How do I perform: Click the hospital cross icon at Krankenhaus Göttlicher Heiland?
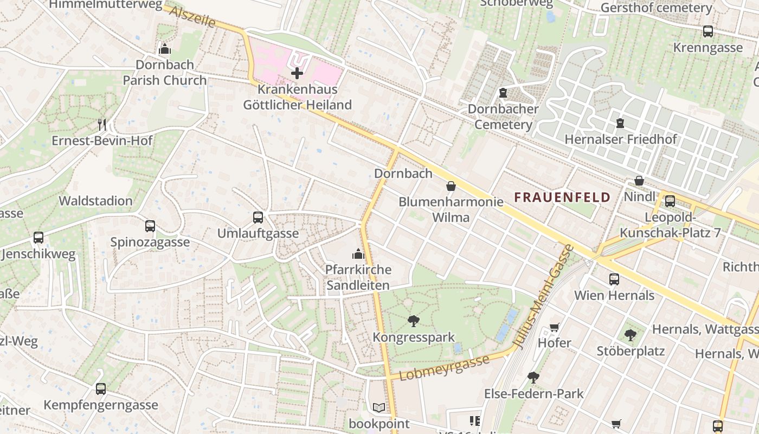[x=297, y=73]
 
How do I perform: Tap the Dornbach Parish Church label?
[x=165, y=72]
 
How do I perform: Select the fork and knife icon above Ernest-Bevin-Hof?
[x=102, y=124]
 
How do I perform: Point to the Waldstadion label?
[x=95, y=201]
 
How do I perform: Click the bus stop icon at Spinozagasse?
[x=150, y=226]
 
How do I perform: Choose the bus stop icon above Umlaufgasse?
[x=258, y=218]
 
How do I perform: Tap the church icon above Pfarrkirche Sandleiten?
[x=358, y=253]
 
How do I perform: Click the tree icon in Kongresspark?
[x=414, y=321]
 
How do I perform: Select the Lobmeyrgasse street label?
[x=444, y=368]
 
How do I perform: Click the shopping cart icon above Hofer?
[x=554, y=327]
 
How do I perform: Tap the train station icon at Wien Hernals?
[x=614, y=279]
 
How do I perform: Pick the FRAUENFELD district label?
[x=562, y=197]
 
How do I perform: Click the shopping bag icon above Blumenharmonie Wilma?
[x=451, y=187]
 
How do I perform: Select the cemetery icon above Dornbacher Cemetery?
[x=503, y=93]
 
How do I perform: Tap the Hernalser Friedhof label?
[x=621, y=139]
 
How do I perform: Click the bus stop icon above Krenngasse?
[x=708, y=31]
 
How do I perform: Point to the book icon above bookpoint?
[x=378, y=407]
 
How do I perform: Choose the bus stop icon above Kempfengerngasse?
[x=101, y=389]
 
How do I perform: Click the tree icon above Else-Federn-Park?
[x=533, y=378]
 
